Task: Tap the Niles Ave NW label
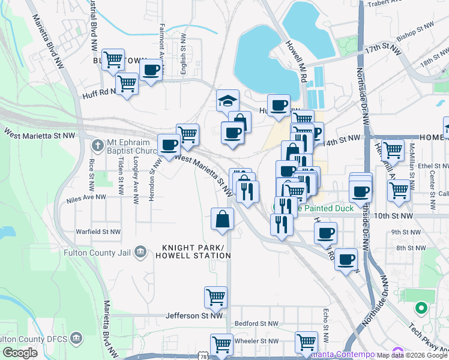point(86,196)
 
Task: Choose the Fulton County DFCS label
point(35,338)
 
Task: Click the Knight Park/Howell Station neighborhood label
point(196,251)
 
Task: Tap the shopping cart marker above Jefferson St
point(215,296)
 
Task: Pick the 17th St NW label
point(382,47)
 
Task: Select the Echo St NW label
point(325,318)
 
